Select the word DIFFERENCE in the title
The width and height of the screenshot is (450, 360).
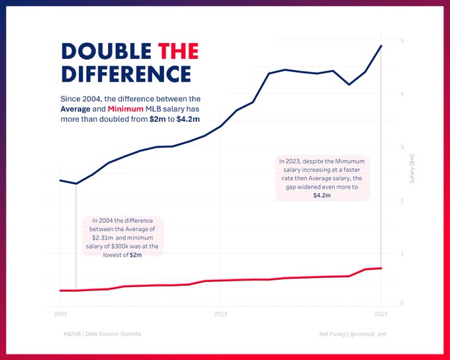(x=126, y=73)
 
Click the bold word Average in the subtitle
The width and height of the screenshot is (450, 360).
(x=75, y=109)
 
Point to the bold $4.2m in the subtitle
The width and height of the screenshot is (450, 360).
(x=189, y=119)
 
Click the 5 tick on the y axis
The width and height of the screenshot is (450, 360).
(x=402, y=41)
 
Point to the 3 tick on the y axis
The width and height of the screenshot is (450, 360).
(x=402, y=148)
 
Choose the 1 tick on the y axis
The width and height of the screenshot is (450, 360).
(x=402, y=253)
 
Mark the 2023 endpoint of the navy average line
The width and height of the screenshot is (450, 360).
(x=381, y=46)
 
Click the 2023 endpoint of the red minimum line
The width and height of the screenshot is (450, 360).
(x=381, y=268)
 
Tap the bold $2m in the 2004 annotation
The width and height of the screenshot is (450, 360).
(x=136, y=255)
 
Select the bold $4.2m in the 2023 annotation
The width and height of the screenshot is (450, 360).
(x=322, y=196)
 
